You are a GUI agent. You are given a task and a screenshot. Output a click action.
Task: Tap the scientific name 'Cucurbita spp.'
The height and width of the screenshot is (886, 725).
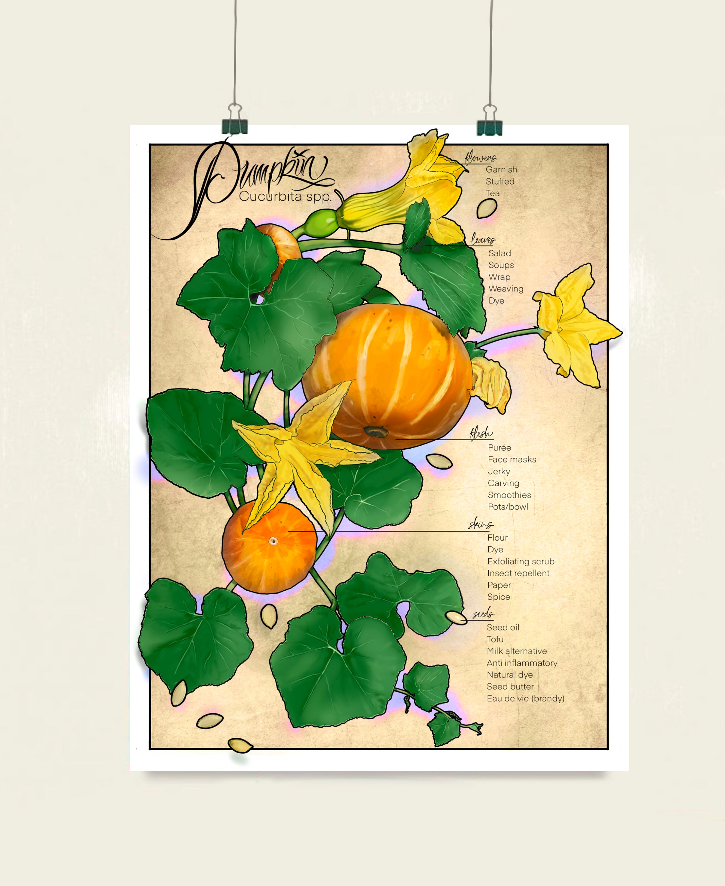pyautogui.click(x=285, y=196)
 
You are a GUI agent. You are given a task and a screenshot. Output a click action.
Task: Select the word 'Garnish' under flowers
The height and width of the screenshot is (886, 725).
pyautogui.click(x=501, y=170)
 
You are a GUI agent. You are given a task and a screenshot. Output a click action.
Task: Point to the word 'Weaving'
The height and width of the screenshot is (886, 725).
pyautogui.click(x=506, y=289)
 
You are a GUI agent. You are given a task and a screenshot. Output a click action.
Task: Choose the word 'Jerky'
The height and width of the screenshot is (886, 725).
pyautogui.click(x=499, y=471)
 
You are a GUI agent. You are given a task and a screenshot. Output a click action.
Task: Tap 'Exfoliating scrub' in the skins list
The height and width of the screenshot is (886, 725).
pyautogui.click(x=521, y=561)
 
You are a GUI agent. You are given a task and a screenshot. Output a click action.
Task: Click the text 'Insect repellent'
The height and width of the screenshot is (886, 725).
pyautogui.click(x=518, y=573)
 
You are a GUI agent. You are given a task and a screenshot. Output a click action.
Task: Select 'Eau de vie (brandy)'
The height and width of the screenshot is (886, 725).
pyautogui.click(x=525, y=698)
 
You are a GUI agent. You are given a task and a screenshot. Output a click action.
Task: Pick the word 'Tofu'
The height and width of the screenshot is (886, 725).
pyautogui.click(x=495, y=639)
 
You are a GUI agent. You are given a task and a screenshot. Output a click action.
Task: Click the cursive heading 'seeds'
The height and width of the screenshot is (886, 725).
pyautogui.click(x=483, y=614)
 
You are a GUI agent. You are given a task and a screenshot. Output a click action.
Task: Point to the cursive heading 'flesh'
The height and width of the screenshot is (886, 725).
pyautogui.click(x=481, y=434)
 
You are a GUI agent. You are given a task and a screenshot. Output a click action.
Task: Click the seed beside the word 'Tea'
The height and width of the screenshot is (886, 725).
pyautogui.click(x=487, y=208)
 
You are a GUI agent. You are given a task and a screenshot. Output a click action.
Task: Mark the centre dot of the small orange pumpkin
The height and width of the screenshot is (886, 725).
pyautogui.click(x=273, y=541)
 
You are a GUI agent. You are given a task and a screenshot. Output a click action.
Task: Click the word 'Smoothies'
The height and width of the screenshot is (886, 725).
pyautogui.click(x=509, y=495)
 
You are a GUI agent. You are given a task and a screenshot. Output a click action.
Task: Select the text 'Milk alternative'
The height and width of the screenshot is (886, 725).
pyautogui.click(x=517, y=651)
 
